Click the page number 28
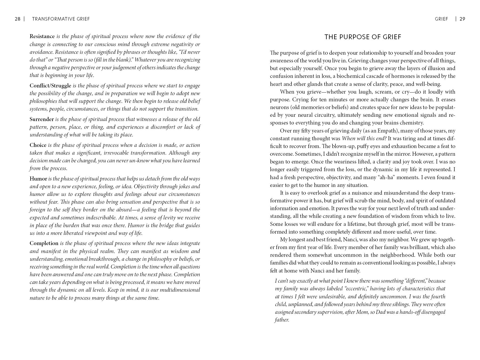pos(18,19)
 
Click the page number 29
pos(462,19)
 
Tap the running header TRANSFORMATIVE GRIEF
pos(61,19)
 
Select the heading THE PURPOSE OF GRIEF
pos(363,37)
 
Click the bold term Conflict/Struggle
pos(50,86)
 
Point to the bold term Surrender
pos(42,119)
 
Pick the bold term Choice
pos(38,145)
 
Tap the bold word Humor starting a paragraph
pos(38,179)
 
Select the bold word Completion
pos(44,243)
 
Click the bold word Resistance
pos(42,36)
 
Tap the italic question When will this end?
pos(364,138)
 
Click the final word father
pos(282,320)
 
